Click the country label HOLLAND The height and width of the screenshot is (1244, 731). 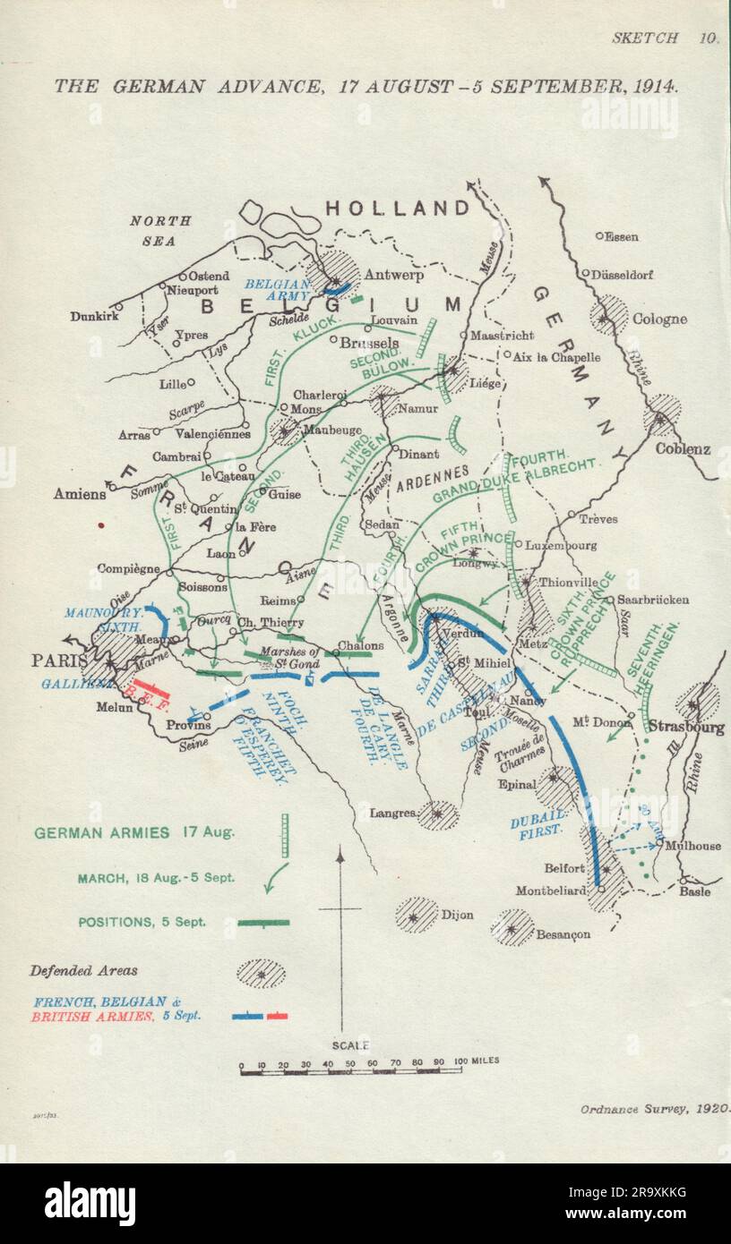tap(397, 209)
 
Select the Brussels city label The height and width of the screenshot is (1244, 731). tap(370, 343)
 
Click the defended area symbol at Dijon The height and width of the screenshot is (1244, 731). tap(417, 916)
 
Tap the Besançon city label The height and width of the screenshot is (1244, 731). tap(563, 934)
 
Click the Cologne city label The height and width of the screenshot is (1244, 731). tap(659, 319)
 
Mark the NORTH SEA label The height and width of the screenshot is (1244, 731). tap(160, 231)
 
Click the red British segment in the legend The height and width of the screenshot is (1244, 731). tap(278, 1016)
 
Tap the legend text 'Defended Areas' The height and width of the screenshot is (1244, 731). tap(83, 970)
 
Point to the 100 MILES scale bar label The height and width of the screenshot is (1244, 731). tap(476, 1061)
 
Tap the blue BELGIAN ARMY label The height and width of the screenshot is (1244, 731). tap(277, 288)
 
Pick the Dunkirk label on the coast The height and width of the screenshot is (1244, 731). tap(95, 316)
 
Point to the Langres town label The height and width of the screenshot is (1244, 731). tap(392, 814)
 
